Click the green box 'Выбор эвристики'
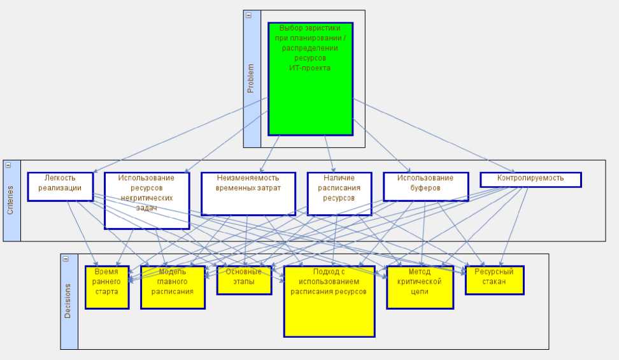click(x=310, y=96)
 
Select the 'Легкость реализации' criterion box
click(x=60, y=187)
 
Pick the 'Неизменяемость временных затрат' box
click(x=248, y=194)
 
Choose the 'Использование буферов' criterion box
click(x=425, y=187)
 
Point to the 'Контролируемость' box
click(x=530, y=179)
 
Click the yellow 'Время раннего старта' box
click(x=107, y=287)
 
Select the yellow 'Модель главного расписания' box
click(x=173, y=287)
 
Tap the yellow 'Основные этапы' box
click(x=244, y=280)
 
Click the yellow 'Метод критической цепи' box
click(x=420, y=287)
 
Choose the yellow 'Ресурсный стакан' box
click(x=494, y=280)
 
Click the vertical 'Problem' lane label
click(x=251, y=79)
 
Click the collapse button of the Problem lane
click(x=248, y=15)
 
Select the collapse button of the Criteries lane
click(x=8, y=164)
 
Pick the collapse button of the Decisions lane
click(x=66, y=259)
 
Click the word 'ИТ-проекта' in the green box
click(x=310, y=68)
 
